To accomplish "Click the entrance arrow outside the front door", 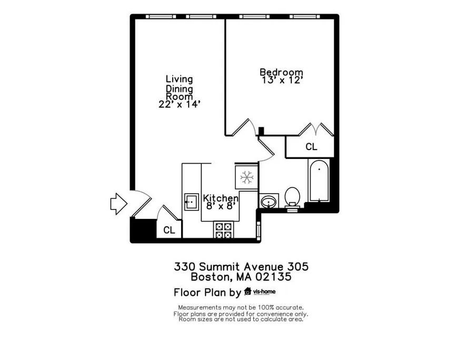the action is (118, 204).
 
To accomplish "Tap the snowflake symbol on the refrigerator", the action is (246, 177).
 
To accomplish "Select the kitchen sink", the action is (192, 202).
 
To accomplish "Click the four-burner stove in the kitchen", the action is (223, 231).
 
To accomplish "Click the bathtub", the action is (319, 181).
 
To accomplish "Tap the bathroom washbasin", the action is (269, 201).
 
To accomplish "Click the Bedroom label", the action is (281, 72).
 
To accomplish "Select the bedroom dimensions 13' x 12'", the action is (282, 81).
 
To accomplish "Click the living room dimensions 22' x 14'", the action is (180, 104).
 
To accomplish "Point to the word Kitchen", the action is (221, 198).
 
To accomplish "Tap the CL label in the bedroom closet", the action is (311, 147).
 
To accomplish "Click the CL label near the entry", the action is (169, 230).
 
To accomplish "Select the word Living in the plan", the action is (179, 79).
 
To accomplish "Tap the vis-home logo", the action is (260, 292).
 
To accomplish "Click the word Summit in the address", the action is (220, 267).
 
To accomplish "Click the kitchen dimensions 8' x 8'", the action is (221, 206).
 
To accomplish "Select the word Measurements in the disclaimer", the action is (200, 307).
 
